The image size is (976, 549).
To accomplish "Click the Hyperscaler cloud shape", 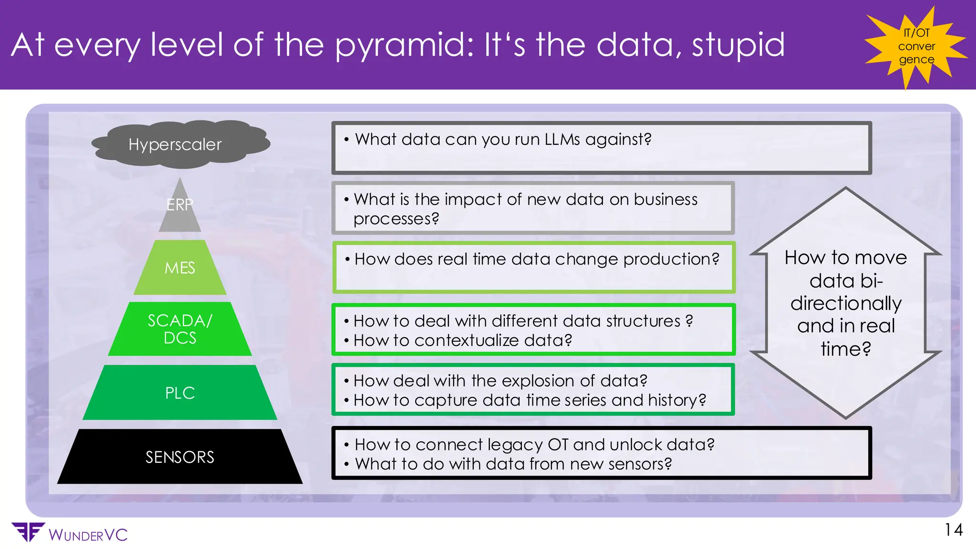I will (180, 144).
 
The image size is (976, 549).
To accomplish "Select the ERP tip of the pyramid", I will (180, 210).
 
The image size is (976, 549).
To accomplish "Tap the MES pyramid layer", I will (180, 268).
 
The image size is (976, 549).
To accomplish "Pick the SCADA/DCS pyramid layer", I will (180, 329).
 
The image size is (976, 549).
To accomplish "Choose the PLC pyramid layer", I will (180, 393).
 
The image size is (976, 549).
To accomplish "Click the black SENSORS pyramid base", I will (180, 457).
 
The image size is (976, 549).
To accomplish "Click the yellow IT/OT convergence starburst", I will (916, 46).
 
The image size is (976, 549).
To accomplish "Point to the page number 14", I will (954, 530).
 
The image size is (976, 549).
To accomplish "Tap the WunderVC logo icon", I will (28, 532).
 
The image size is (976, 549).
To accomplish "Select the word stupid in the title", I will (738, 45).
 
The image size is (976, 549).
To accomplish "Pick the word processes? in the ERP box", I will (396, 219).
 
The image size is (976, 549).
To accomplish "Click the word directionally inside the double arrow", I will (846, 304).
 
